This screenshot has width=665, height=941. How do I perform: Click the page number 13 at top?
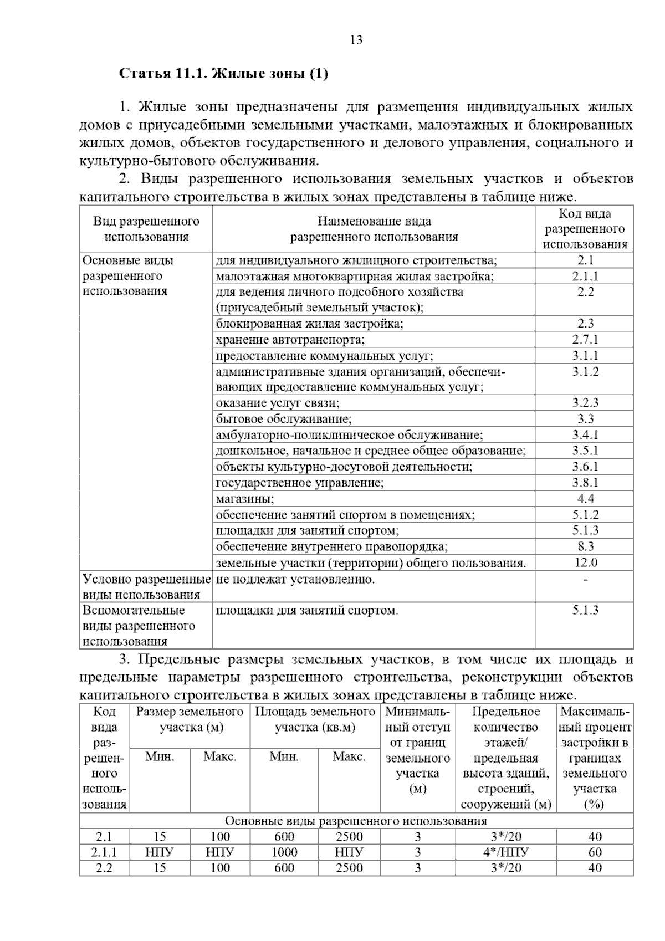[x=356, y=40]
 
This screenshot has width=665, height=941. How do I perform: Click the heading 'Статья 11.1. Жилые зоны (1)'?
[x=224, y=74]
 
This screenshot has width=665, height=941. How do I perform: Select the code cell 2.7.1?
[x=585, y=340]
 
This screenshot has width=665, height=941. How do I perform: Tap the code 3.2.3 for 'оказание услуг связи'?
[x=585, y=403]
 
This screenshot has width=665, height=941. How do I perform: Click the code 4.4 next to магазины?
[x=585, y=499]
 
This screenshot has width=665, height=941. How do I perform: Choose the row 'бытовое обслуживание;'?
[x=284, y=419]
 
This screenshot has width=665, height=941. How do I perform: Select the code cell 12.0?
[x=585, y=562]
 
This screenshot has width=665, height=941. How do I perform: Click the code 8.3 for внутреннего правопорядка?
[x=585, y=546]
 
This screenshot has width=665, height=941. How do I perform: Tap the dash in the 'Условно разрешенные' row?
[x=585, y=580]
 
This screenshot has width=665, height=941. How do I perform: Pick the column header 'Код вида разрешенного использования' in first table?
[x=585, y=229]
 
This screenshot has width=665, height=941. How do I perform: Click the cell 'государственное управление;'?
[x=299, y=483]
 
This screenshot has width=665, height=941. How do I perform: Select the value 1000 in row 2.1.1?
[x=284, y=852]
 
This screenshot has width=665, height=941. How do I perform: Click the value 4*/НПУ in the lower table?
[x=505, y=852]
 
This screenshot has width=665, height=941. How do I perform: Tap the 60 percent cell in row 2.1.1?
[x=595, y=852]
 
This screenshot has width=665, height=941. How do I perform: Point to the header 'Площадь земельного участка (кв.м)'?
[x=315, y=719]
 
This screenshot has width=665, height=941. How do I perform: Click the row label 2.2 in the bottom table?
[x=104, y=868]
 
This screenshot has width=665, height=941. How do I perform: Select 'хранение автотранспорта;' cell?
[x=290, y=340]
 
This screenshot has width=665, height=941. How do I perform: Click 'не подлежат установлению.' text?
[x=295, y=580]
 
